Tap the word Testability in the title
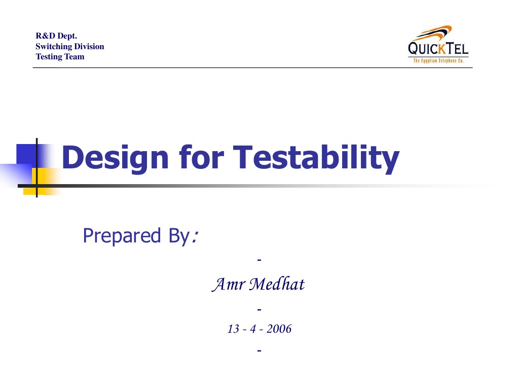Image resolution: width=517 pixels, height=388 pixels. coord(315,157)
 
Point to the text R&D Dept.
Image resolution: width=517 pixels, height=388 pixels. coord(56,36)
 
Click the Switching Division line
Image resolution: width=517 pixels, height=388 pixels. coord(69,46)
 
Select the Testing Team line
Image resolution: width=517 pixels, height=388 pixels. coord(60,56)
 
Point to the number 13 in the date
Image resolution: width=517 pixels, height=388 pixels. coord(233,329)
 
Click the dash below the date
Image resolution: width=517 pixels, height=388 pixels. coord(259,350)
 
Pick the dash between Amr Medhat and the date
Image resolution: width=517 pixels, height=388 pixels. coord(259,308)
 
